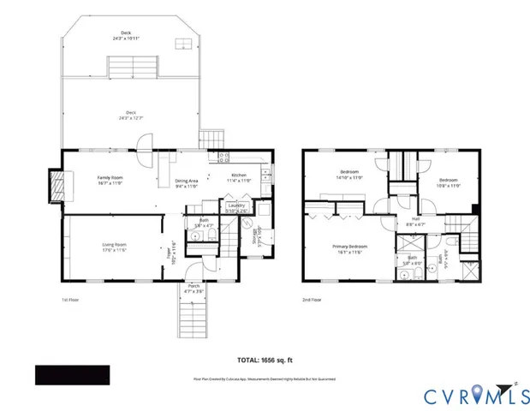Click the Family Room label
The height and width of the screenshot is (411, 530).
click(110, 180)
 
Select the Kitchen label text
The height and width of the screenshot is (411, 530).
click(239, 177)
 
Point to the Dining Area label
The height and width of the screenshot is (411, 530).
click(187, 182)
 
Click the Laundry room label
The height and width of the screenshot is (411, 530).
click(235, 206)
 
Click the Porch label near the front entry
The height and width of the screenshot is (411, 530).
click(194, 289)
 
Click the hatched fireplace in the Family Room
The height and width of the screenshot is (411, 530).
click(57, 185)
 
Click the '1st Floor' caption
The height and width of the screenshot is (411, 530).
click(72, 301)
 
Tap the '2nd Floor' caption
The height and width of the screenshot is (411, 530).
click(312, 301)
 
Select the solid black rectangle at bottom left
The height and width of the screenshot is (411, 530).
click(72, 375)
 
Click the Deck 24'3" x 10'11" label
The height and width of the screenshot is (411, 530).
click(131, 37)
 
